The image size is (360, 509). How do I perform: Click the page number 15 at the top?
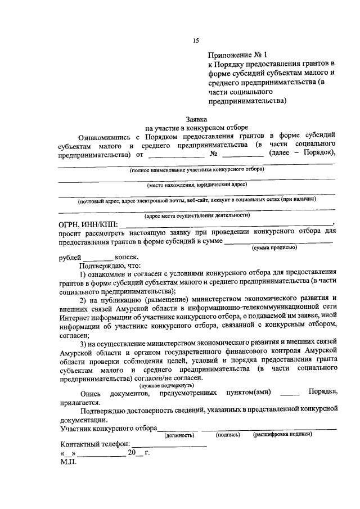[x=196, y=40]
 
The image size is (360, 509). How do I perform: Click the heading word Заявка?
[x=196, y=119]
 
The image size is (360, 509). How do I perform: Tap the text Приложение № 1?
[x=236, y=56]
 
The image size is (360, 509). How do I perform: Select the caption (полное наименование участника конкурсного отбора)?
[x=197, y=169]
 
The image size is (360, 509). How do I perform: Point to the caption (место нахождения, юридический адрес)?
[x=197, y=184]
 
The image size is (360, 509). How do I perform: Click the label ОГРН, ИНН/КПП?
[x=89, y=225]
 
